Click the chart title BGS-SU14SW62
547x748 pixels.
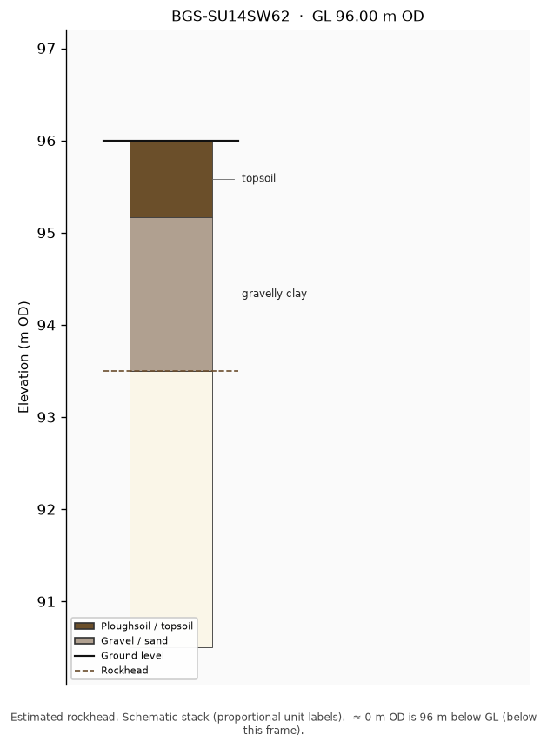point(230,17)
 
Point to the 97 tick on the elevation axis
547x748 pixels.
point(46,49)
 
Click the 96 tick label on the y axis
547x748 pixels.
point(46,141)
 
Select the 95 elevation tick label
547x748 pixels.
point(46,234)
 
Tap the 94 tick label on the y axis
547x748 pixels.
point(46,325)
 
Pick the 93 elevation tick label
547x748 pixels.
point(46,417)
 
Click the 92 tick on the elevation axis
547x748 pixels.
point(46,509)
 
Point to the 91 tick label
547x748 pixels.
point(46,601)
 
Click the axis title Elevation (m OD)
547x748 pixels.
point(23,357)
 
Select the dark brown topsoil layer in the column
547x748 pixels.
point(171,179)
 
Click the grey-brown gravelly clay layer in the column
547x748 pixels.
point(171,295)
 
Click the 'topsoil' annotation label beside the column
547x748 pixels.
point(258,178)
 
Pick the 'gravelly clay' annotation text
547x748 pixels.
point(274,294)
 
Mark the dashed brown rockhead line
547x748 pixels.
point(171,371)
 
